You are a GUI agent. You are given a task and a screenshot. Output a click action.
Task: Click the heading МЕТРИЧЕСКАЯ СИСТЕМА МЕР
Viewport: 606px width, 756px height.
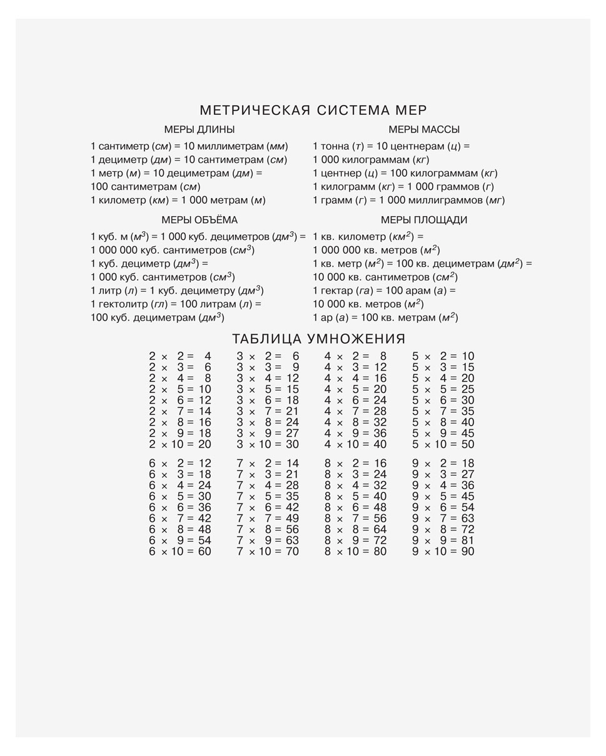click(313, 111)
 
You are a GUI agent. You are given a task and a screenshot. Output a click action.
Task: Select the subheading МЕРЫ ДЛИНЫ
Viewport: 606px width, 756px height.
click(199, 130)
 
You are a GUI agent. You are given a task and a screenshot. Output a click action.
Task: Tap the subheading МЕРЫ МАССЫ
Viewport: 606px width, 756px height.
click(424, 130)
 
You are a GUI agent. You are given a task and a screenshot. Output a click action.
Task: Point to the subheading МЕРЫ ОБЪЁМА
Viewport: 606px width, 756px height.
click(199, 220)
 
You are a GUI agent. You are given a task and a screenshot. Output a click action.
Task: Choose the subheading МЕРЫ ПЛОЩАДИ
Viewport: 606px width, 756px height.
click(424, 220)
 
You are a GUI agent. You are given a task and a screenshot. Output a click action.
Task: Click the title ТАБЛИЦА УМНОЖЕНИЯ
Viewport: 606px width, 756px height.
click(319, 339)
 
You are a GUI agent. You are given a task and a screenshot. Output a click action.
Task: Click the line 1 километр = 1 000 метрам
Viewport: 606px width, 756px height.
click(178, 201)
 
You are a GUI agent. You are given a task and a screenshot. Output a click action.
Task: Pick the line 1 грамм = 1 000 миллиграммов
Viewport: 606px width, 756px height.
click(408, 201)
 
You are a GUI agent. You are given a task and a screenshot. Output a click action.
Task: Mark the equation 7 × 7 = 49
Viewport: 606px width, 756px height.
click(268, 519)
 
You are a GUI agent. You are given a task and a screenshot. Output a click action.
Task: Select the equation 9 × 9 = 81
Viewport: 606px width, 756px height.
click(443, 540)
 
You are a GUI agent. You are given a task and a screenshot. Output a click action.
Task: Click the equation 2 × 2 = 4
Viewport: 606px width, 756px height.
click(180, 357)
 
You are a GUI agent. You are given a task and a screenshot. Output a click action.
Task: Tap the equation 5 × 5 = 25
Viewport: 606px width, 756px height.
click(443, 390)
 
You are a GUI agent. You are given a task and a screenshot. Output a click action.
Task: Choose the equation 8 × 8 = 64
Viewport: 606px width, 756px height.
click(355, 530)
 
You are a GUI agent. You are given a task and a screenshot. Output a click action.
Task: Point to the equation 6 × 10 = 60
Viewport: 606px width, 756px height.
click(180, 552)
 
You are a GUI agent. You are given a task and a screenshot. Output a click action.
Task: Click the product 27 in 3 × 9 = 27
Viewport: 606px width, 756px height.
click(292, 434)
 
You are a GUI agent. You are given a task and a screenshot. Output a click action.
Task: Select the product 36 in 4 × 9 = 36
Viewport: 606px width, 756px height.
click(380, 434)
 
